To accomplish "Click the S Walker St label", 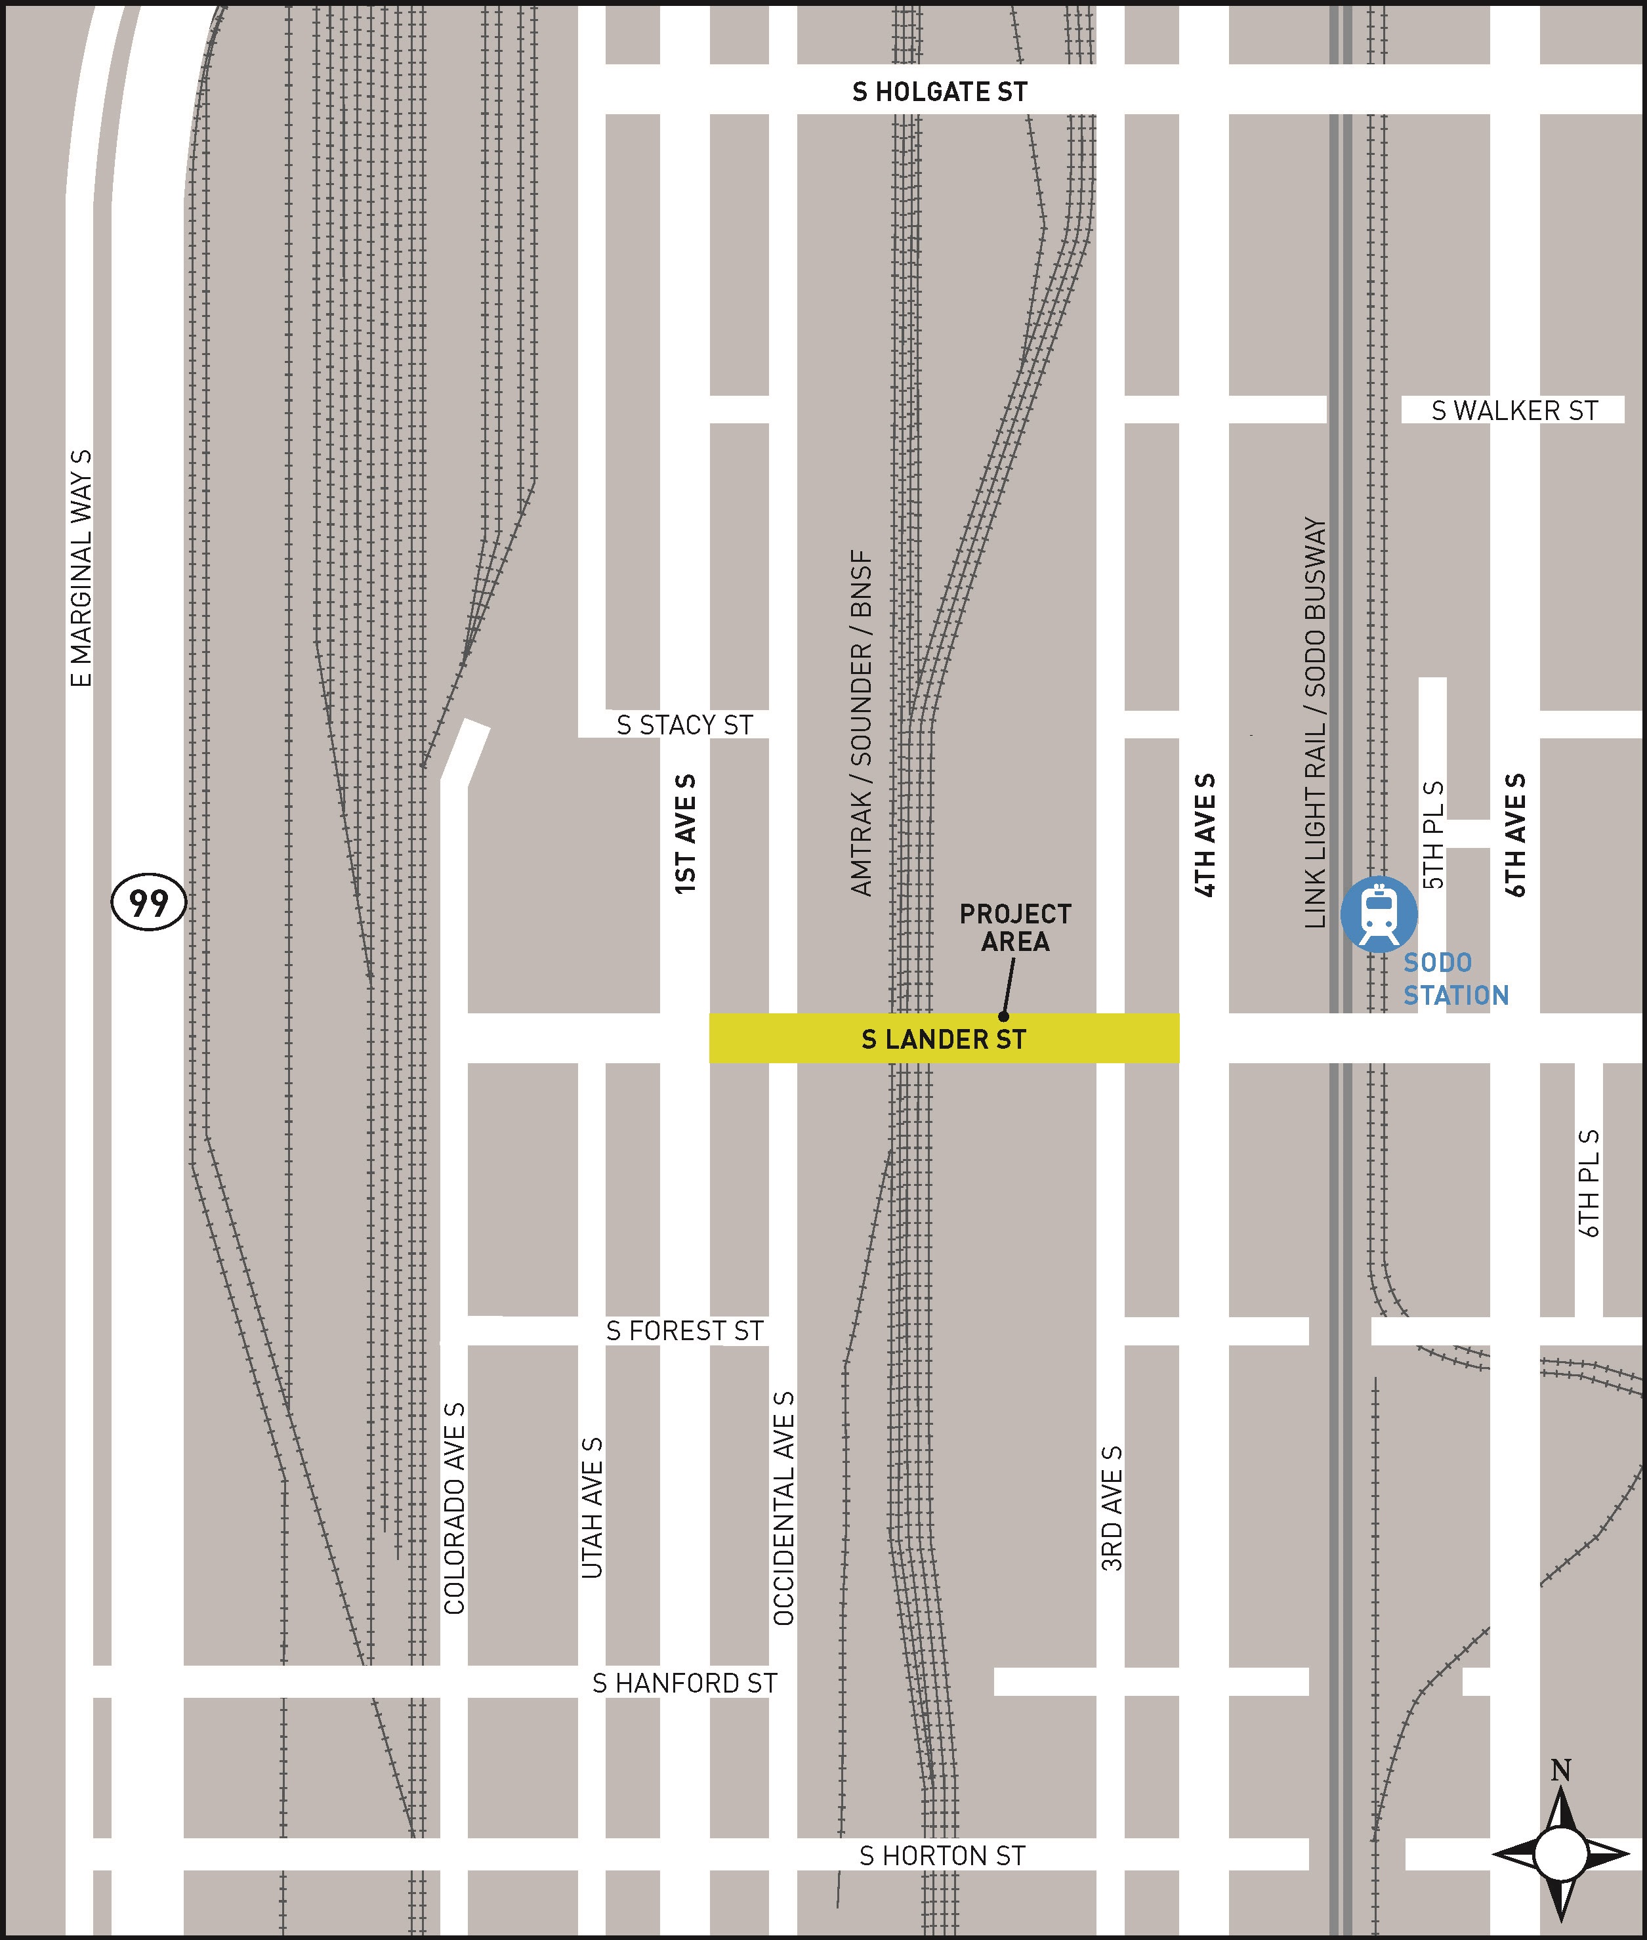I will [x=1514, y=410].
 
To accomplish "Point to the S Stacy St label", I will [x=684, y=725].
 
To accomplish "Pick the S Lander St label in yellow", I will [x=943, y=1039].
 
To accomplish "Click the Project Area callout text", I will [x=1015, y=927].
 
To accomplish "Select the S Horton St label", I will [x=942, y=1856].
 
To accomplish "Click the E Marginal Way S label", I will [x=81, y=568].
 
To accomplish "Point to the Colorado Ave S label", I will [x=455, y=1508].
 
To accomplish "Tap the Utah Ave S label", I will [x=592, y=1508].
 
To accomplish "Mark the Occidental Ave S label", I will [x=784, y=1508].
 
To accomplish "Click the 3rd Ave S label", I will [x=1111, y=1508].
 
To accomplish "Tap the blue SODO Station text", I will [x=1455, y=979].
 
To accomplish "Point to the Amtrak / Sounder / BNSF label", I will [x=861, y=723].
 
